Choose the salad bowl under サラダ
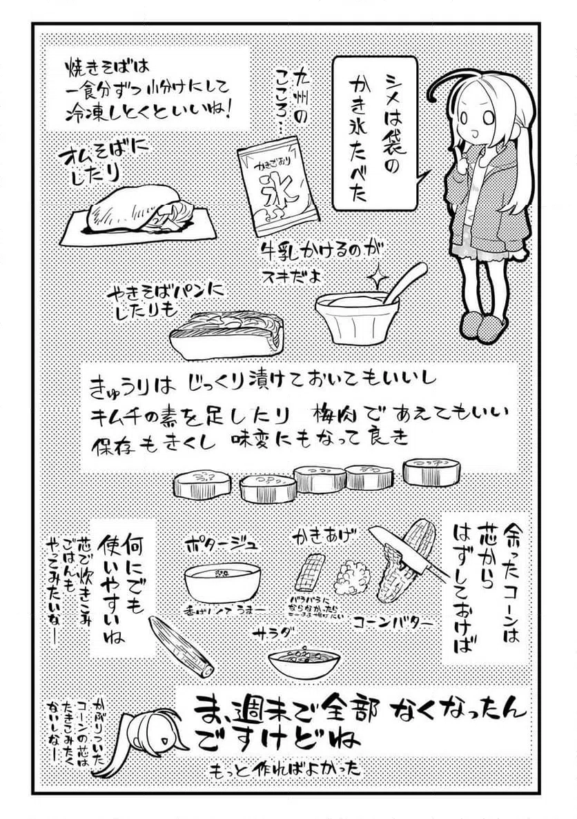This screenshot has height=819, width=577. tap(304, 662)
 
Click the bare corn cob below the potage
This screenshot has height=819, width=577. tap(181, 645)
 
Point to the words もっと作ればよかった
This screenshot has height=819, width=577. tap(290, 768)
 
